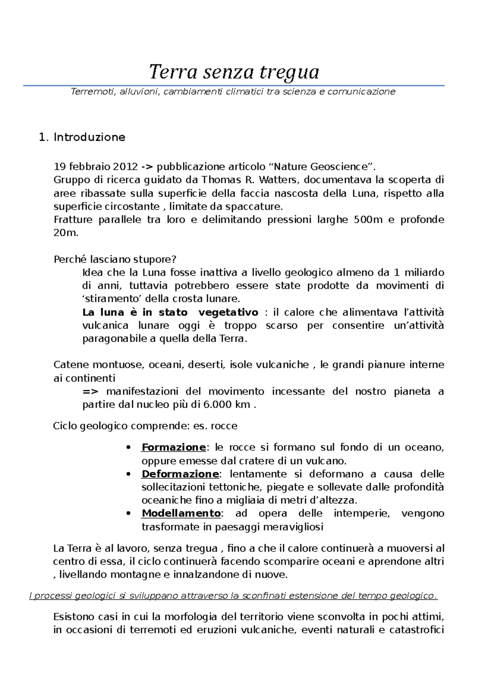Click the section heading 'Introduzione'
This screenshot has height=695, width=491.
pyautogui.click(x=89, y=137)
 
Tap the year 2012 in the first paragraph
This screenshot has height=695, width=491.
pyautogui.click(x=125, y=167)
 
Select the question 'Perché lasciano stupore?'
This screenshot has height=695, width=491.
pyautogui.click(x=115, y=259)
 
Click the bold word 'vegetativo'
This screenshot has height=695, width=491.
pyautogui.click(x=228, y=313)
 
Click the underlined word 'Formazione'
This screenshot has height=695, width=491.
pyautogui.click(x=173, y=447)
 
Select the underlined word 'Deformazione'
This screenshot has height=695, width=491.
pyautogui.click(x=180, y=474)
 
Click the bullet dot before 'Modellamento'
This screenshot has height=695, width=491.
pyautogui.click(x=129, y=514)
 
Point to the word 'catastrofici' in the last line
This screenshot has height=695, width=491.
pyautogui.click(x=417, y=630)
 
